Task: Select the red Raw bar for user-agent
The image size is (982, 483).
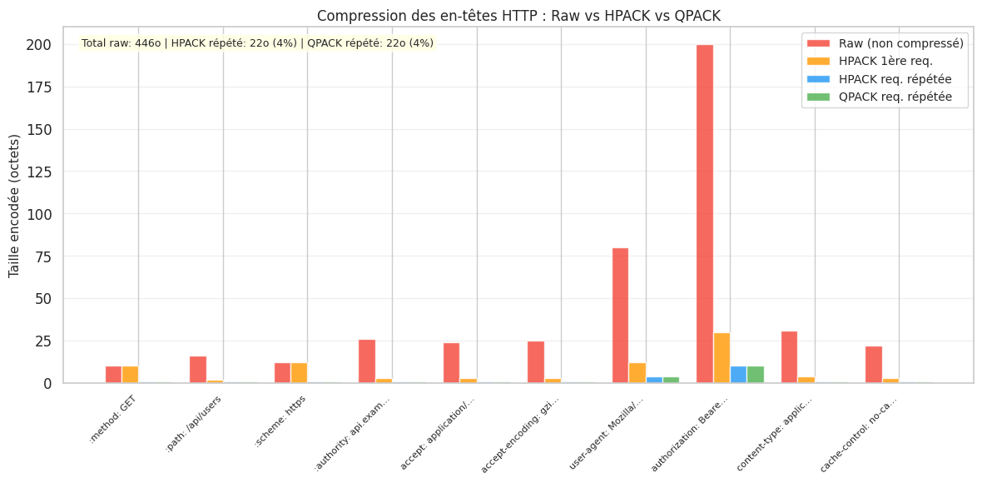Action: coord(620,316)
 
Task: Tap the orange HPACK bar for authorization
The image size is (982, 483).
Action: coord(722,358)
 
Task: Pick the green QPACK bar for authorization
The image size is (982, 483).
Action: coord(756,375)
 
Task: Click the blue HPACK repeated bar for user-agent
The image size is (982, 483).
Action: coord(654,380)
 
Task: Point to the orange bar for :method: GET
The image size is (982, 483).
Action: coord(131,375)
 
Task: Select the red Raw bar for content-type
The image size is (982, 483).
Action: coord(789,357)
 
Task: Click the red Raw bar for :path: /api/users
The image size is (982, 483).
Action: coord(198,370)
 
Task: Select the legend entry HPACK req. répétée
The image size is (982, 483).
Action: coord(895,79)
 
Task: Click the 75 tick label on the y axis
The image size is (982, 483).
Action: coord(45,256)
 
